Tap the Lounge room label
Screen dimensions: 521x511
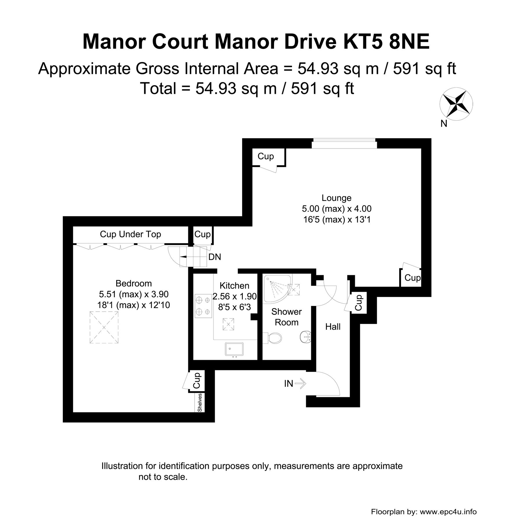coord(336,198)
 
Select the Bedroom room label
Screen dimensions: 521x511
coord(134,283)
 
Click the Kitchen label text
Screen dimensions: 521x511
coord(234,286)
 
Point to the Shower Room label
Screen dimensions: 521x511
coord(286,317)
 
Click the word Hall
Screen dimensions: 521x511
coord(333,327)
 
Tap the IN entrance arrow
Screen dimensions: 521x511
coord(301,384)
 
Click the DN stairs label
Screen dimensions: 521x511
coord(215,257)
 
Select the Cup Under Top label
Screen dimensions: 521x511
coord(130,234)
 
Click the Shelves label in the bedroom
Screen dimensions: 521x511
coord(200,402)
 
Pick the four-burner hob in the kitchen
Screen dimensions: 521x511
coord(203,306)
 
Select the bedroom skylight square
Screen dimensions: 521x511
coord(104,327)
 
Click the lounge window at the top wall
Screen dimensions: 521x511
coord(344,144)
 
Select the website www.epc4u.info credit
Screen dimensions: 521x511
coord(448,512)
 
